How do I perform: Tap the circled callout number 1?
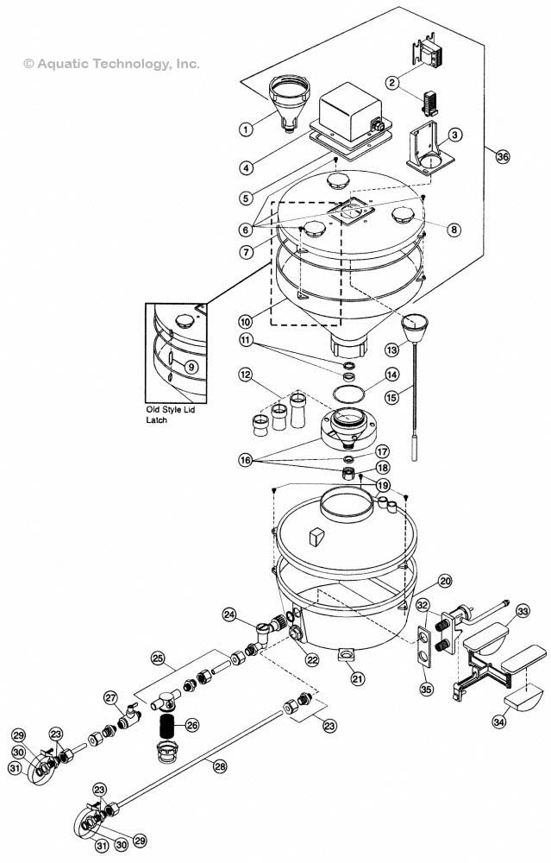click(246, 129)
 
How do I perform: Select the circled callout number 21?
click(357, 678)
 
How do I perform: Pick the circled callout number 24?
click(230, 614)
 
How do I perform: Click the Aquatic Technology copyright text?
click(112, 63)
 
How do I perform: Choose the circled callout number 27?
click(110, 697)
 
